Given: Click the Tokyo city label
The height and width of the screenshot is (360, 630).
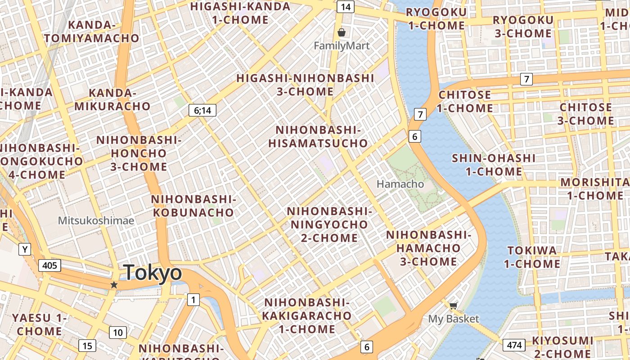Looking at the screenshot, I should click(153, 273).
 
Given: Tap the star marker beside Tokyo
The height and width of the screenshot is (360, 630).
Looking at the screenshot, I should click(114, 285).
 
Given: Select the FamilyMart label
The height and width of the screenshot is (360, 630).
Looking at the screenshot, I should click(342, 46).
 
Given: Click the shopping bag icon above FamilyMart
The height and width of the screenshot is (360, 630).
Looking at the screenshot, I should click(342, 32).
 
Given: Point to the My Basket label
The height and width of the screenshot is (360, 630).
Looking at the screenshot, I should click(453, 319).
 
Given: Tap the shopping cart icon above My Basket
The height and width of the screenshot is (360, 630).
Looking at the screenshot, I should click(453, 306).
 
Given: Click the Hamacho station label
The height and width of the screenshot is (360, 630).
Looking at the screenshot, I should click(400, 184).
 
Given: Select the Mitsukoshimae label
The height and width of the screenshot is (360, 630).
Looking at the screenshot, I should click(96, 220).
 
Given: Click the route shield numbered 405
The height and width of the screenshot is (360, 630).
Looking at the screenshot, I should click(49, 265).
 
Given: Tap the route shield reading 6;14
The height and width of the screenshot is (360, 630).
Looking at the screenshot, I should click(202, 110).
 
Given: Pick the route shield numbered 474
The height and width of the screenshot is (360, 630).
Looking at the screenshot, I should click(514, 345).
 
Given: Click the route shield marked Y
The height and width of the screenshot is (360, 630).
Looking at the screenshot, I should click(25, 249).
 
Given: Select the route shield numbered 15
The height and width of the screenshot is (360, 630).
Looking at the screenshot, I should click(87, 346).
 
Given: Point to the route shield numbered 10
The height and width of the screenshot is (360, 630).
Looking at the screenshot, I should click(118, 333).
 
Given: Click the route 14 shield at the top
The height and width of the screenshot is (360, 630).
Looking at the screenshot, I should click(346, 7).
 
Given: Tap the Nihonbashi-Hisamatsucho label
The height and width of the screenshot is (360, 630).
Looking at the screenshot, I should click(318, 137).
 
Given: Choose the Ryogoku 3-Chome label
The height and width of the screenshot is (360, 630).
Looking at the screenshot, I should click(523, 27).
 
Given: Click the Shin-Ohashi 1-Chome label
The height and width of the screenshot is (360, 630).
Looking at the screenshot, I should click(494, 165).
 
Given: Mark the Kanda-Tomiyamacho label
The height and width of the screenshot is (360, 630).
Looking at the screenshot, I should click(92, 31).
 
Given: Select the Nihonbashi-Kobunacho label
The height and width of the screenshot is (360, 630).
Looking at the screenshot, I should click(193, 206).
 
